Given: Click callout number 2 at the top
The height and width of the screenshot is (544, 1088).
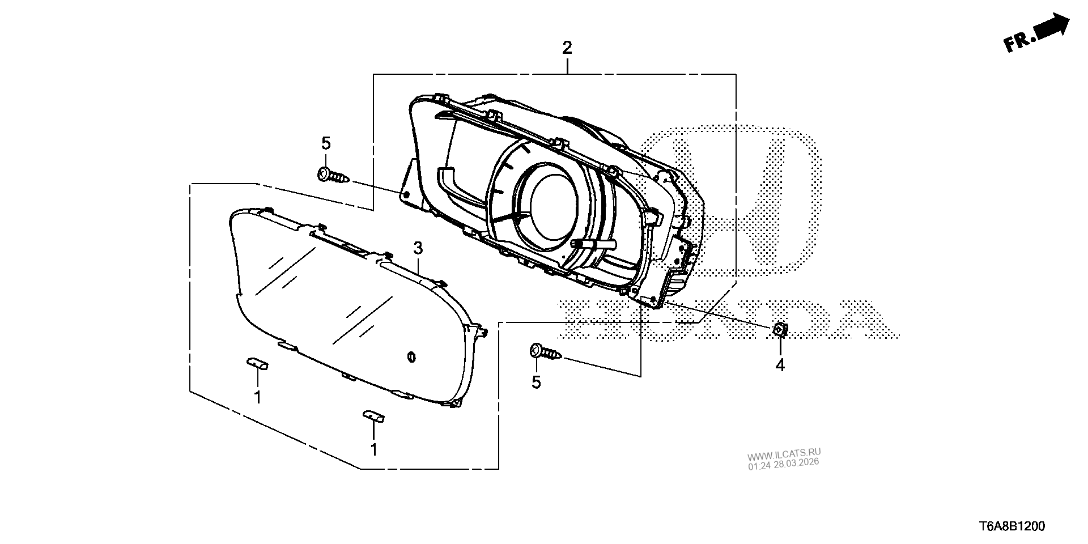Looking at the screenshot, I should point(567,48).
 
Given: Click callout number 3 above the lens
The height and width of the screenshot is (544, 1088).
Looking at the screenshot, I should point(418,248).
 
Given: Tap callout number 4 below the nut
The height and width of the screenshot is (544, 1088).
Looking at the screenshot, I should point(780,365).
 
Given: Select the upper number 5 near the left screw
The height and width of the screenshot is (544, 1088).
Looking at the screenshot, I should point(326,143).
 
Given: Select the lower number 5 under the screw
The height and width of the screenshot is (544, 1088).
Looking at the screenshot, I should point(536,382).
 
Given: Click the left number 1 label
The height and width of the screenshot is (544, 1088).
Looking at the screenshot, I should point(257,397).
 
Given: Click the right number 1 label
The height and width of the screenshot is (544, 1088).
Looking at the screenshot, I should point(373,449).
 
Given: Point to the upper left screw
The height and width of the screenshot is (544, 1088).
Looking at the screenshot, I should point(333,175).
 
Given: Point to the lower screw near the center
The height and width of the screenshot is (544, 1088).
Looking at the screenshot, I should point(545,352).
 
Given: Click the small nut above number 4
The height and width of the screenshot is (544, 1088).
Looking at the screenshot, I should point(780,329).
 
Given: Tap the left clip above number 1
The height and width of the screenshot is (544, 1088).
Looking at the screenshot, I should point(257,363).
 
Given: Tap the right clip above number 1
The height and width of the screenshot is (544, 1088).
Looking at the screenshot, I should point(373,416).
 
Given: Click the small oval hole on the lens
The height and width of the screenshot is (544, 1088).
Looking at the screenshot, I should point(411,356).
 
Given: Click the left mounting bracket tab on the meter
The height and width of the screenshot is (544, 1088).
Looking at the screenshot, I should point(408,184).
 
